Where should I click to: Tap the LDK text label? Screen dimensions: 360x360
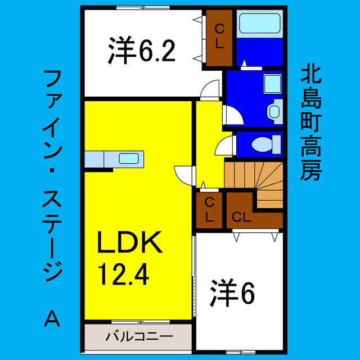(130, 244)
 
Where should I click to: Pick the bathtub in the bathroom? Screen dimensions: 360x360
(259, 25)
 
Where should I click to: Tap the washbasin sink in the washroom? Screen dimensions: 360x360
(274, 110)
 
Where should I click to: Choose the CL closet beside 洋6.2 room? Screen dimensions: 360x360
(218, 37)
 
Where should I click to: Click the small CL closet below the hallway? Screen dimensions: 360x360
(209, 210)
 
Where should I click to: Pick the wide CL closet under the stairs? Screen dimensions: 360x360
(242, 217)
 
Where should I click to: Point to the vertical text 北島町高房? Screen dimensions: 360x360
(310, 120)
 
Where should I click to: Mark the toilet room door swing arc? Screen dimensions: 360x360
(224, 145)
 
